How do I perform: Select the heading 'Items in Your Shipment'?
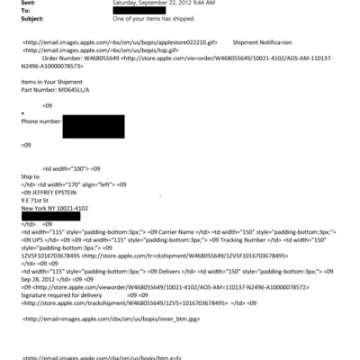click(x=53, y=83)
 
